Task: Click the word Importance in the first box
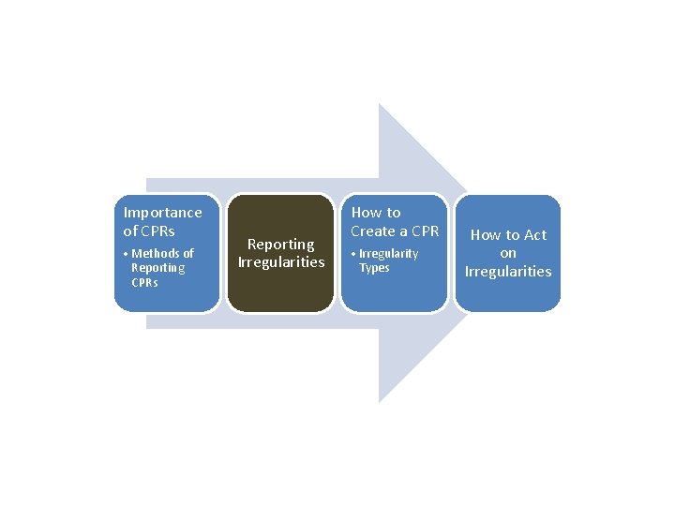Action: tap(162, 213)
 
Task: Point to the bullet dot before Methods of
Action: tap(126, 254)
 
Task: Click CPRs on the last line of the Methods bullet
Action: tap(145, 282)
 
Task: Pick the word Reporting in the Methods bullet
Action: tap(158, 268)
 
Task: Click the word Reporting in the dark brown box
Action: tap(281, 245)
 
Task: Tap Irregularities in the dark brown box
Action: tap(281, 262)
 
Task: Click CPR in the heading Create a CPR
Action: tap(424, 231)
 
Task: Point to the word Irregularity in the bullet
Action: tap(389, 254)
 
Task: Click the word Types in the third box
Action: tap(374, 268)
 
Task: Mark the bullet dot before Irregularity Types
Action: tap(353, 254)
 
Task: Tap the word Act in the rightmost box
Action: tap(534, 235)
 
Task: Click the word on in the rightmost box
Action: tap(508, 253)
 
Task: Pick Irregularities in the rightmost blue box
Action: tap(508, 272)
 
